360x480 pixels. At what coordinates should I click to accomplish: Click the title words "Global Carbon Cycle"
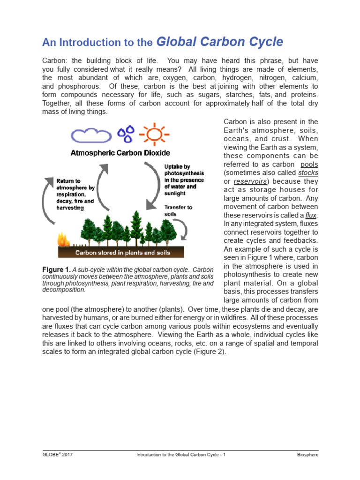click(219, 42)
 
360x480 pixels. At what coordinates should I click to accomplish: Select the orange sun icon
click(153, 134)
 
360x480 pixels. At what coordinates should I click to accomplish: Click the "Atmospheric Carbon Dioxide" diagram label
click(120, 153)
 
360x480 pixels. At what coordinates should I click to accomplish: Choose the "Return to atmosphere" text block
click(75, 194)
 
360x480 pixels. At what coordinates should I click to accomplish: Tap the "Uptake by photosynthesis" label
click(184, 180)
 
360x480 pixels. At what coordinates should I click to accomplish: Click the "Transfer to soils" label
click(178, 210)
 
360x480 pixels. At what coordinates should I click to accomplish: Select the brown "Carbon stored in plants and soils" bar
click(123, 253)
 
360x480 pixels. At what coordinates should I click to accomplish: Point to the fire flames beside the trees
click(62, 240)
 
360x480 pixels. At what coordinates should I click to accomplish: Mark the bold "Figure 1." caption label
click(56, 270)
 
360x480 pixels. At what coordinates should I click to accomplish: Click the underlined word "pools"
click(309, 164)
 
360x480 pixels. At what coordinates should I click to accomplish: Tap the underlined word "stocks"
click(308, 172)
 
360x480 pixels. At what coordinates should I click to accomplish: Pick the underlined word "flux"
click(311, 215)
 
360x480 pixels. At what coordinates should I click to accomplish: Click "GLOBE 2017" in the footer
click(57, 455)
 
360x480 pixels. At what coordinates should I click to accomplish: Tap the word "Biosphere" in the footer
click(307, 455)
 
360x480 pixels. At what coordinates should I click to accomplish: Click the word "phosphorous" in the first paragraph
click(77, 86)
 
